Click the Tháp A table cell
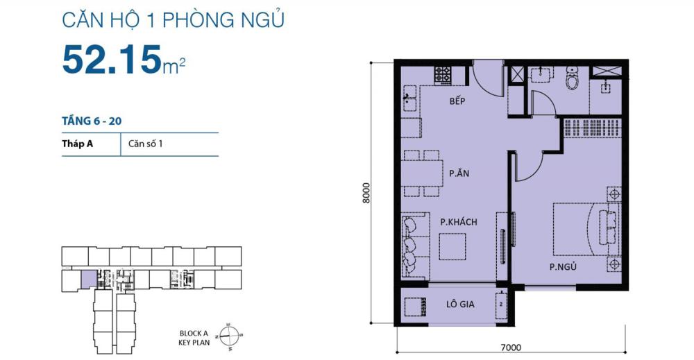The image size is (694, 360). pos(77,144)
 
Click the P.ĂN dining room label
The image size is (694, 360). pos(459,173)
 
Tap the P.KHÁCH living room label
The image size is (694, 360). pos(459,222)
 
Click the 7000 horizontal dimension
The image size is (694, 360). pos(511,348)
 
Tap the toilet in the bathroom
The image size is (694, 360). pos(573,79)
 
